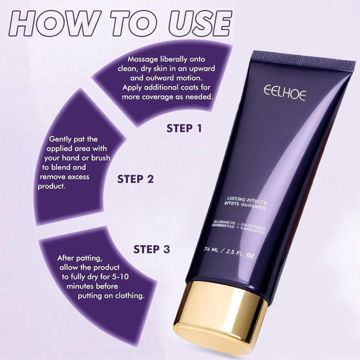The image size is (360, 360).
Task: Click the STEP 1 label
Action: pos(184,128)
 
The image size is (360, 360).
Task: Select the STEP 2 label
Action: pos(135,178)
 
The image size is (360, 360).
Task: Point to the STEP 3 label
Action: pos(151,248)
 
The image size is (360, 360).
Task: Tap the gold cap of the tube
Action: pos(220,312)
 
